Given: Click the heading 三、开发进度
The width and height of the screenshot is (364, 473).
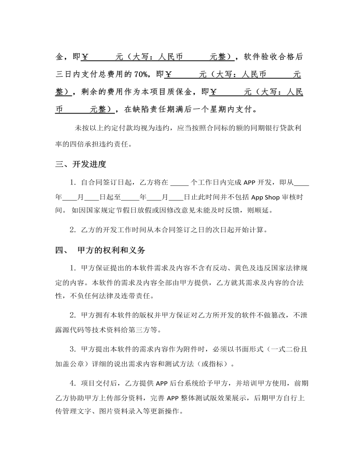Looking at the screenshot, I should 81,165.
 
